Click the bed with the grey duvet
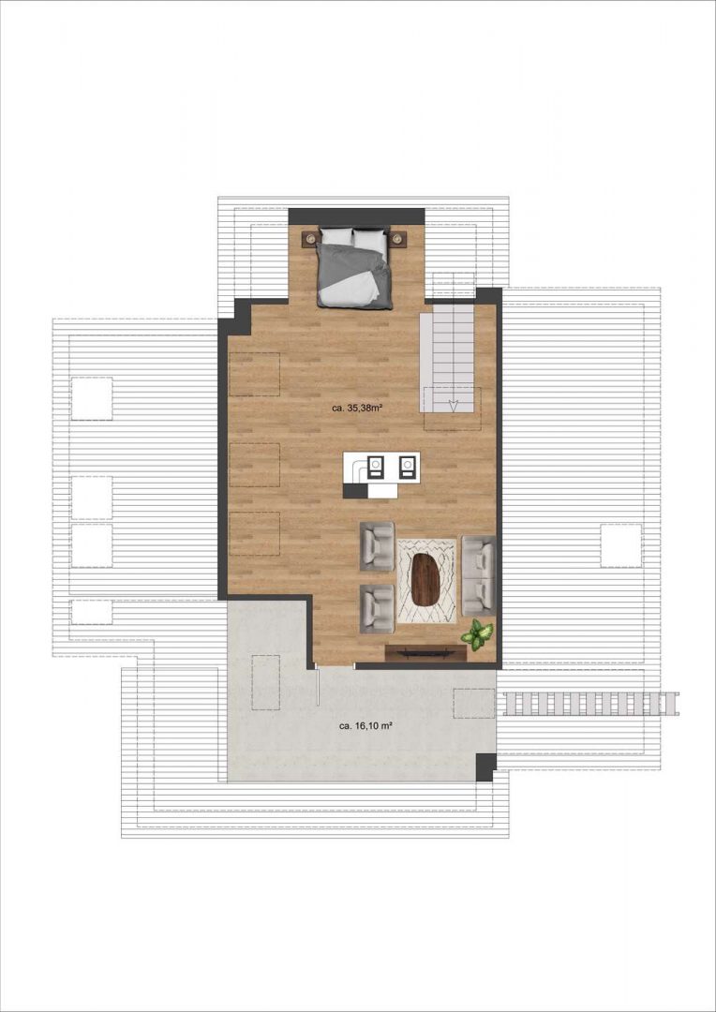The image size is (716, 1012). coord(354,267)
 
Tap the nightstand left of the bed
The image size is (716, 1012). coord(310,238)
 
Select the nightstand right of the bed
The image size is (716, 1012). coord(398,238)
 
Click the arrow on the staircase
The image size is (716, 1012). coord(454,406)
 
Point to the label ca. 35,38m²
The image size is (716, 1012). coord(355,408)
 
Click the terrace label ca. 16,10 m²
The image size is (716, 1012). coord(366,725)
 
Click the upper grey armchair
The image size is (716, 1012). coord(377,546)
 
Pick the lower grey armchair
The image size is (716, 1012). coord(377,609)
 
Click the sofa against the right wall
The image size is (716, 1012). coord(478,575)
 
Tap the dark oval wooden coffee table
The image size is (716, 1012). coord(425,580)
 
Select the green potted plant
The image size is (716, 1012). coord(477,634)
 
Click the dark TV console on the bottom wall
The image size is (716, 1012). coord(425,653)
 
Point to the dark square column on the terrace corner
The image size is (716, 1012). coord(486,767)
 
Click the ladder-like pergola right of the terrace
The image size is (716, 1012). coord(590,704)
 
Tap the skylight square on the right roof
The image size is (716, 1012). coord(621,545)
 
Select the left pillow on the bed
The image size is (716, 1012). coord(336,236)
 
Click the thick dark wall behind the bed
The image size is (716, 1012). coord(356,216)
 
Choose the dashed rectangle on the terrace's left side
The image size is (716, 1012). coord(265,682)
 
